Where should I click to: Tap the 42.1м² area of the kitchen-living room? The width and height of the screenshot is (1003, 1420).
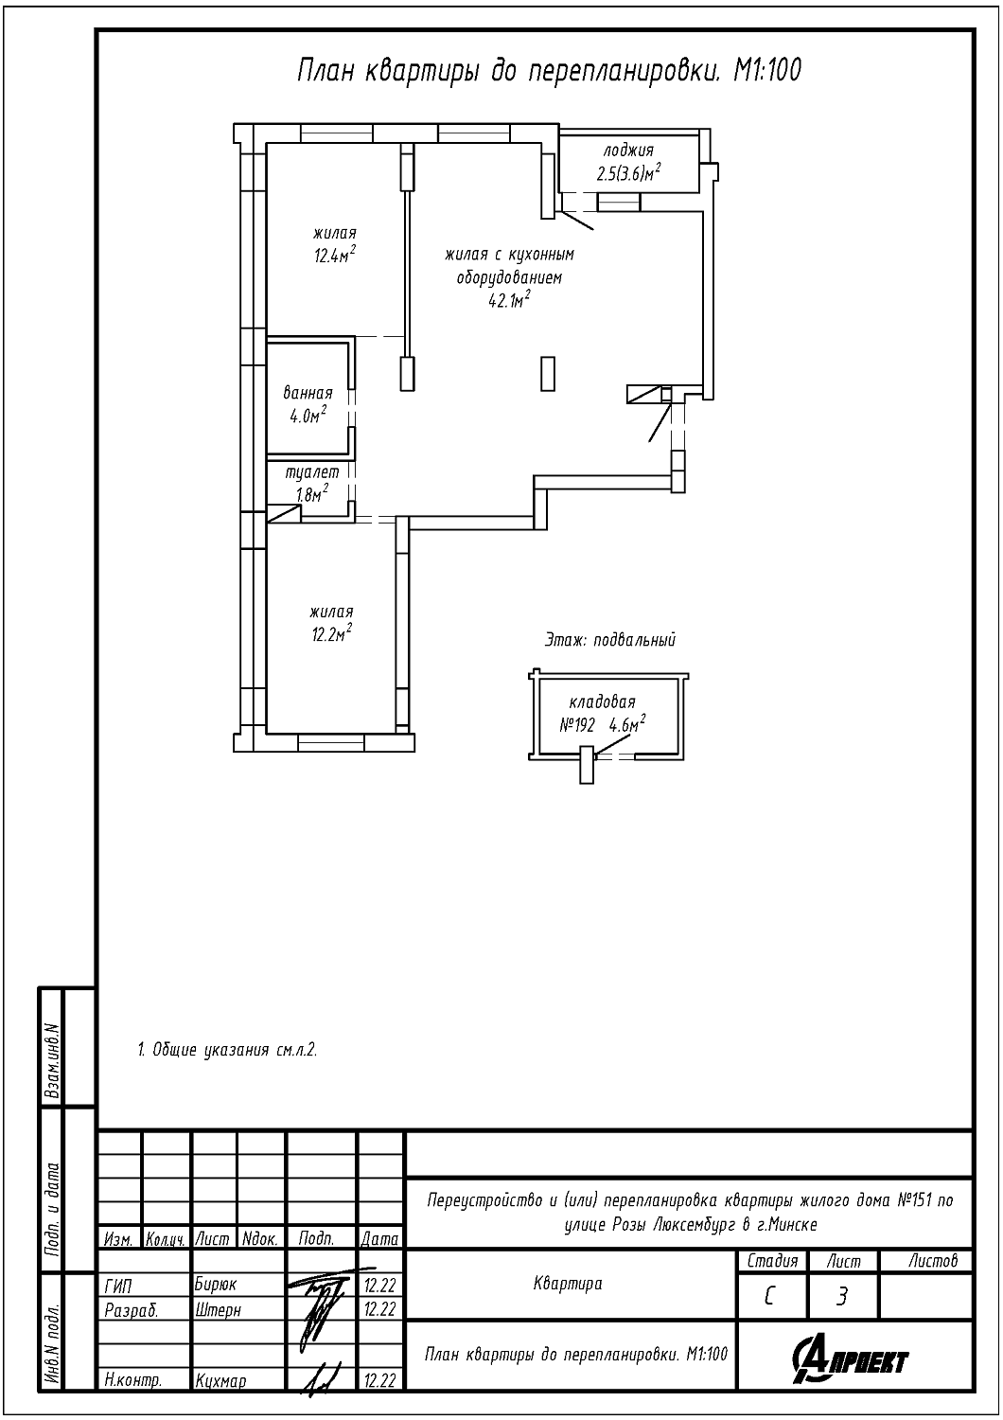click(x=509, y=300)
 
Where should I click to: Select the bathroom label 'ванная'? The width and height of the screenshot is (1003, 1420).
click(x=308, y=393)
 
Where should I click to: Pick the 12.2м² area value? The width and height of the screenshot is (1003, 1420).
click(x=331, y=634)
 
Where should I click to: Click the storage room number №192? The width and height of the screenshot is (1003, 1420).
click(x=576, y=726)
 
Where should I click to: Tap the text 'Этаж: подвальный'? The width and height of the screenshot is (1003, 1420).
click(x=611, y=640)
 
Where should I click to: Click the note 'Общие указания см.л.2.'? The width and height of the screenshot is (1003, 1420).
click(x=235, y=1051)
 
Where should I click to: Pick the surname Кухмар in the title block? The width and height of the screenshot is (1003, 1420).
click(x=220, y=1380)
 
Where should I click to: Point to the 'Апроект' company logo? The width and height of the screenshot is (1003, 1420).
click(x=850, y=1358)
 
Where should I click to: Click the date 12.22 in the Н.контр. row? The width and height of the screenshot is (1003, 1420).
click(x=379, y=1380)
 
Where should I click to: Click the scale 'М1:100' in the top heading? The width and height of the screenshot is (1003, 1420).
click(x=767, y=71)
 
